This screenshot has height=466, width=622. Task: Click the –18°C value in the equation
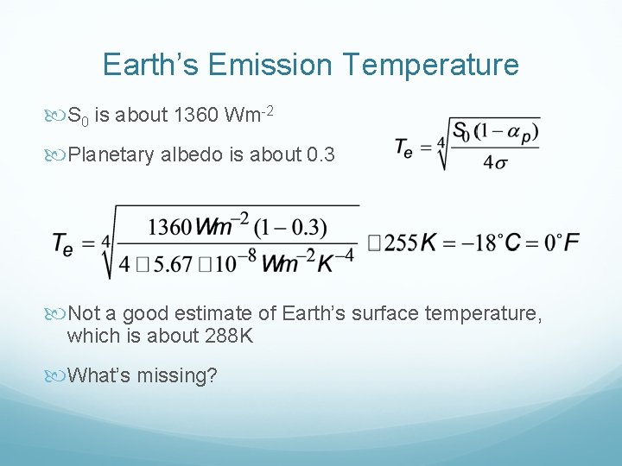(488, 244)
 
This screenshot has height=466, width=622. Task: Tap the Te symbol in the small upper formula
(404, 148)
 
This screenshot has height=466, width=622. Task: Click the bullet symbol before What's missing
(60, 376)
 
